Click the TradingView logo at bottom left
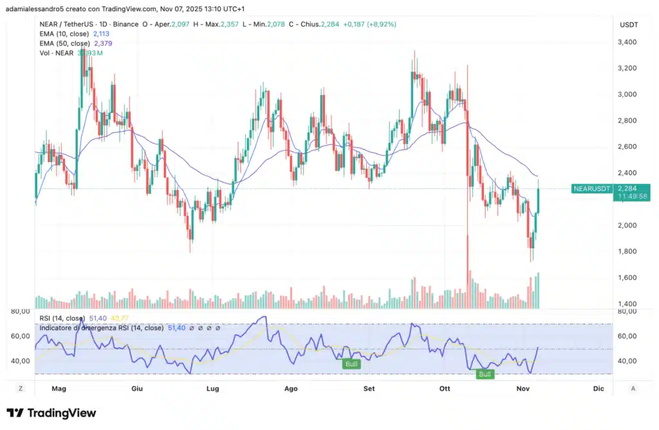(x=51, y=413)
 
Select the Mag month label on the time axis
(x=59, y=388)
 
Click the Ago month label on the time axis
(x=291, y=388)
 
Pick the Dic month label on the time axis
(x=599, y=388)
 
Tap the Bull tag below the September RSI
(x=352, y=364)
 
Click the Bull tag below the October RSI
(x=484, y=374)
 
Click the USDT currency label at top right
(x=627, y=24)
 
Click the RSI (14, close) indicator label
(x=62, y=318)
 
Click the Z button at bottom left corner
(x=21, y=388)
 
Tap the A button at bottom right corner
(x=633, y=388)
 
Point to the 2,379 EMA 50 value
(x=104, y=43)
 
